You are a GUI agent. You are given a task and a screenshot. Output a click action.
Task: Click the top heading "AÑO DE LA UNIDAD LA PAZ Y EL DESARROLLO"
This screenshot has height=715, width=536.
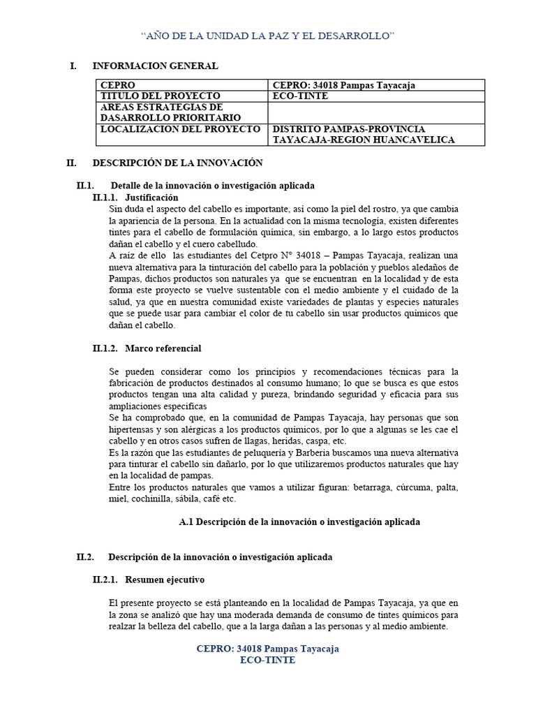[x=268, y=35]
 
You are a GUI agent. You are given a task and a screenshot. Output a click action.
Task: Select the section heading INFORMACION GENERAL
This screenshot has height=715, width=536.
[x=155, y=66]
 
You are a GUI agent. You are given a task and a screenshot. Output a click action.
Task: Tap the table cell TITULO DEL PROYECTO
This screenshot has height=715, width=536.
[x=161, y=96]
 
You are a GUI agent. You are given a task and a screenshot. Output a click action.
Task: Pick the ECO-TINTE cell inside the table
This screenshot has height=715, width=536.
[x=299, y=96]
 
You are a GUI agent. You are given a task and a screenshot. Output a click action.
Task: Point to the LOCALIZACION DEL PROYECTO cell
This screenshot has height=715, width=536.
[x=181, y=129]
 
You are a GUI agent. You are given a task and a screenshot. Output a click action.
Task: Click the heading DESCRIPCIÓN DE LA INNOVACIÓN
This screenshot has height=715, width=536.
[x=177, y=163]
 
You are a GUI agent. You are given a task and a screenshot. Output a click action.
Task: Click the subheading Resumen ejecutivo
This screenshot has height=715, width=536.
[x=165, y=580]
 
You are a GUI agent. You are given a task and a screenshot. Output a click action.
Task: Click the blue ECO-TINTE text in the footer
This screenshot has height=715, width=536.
[x=267, y=660]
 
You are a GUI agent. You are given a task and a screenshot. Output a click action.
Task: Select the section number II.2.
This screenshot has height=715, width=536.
[x=85, y=556]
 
